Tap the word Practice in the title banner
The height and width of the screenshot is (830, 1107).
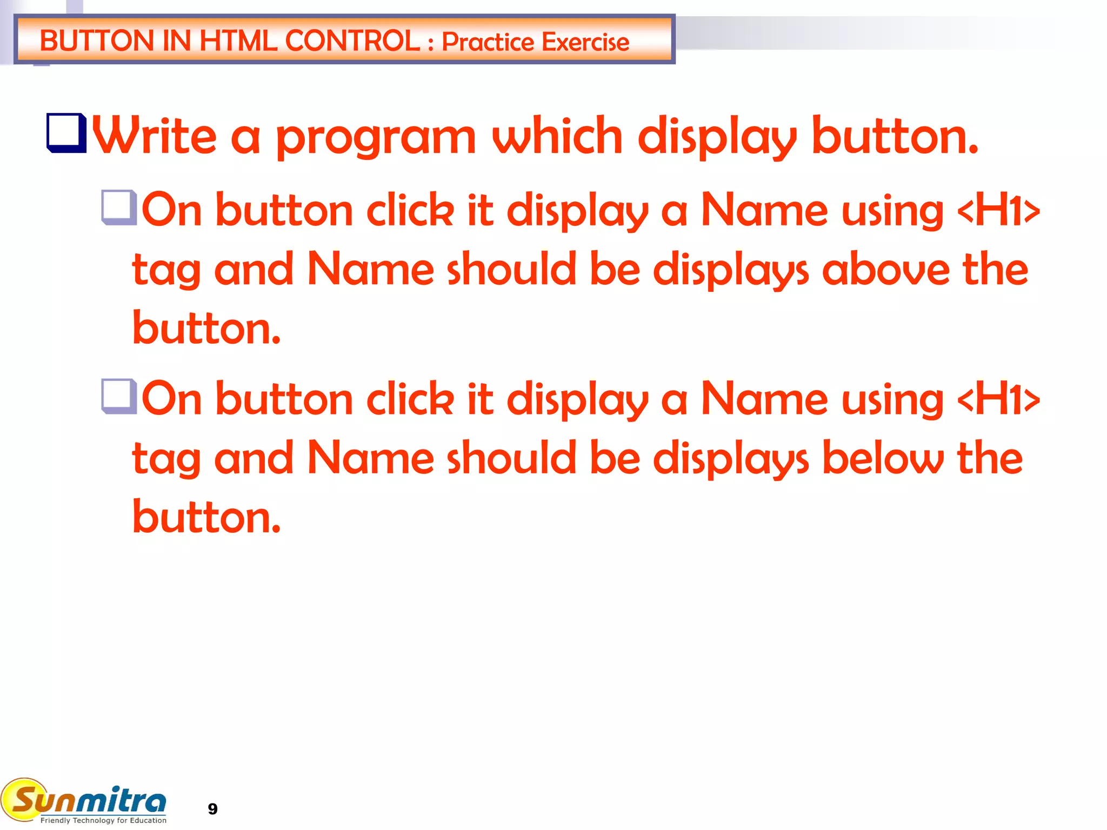[x=488, y=42]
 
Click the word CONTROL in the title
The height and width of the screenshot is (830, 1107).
[x=352, y=41]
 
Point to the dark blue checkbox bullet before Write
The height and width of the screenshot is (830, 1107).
[x=66, y=133]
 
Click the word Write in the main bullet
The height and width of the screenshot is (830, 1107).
[x=155, y=136]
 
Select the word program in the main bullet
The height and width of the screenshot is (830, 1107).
[x=376, y=138]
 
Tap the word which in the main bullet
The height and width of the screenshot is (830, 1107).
[x=557, y=136]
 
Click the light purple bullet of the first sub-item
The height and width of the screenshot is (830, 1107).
[x=118, y=207]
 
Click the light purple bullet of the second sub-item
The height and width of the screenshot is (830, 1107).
[x=118, y=396]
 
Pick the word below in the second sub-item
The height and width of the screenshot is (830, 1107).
[x=883, y=458]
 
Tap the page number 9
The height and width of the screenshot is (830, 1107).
[x=212, y=809]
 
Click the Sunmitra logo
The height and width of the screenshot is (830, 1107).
[x=84, y=799]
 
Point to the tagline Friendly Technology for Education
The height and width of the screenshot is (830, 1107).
[x=103, y=820]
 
